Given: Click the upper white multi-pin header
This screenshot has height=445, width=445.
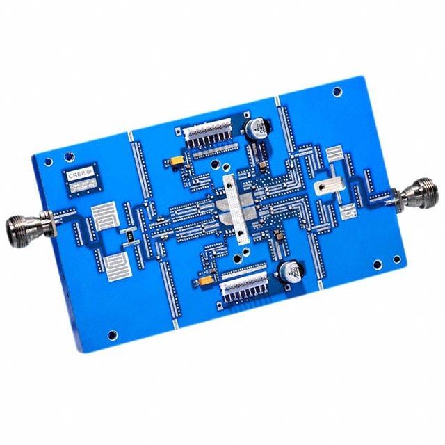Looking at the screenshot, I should tap(210, 136).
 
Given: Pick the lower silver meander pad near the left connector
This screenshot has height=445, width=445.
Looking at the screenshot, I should tap(115, 266).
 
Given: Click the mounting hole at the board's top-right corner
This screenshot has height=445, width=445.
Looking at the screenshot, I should tap(338, 90).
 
